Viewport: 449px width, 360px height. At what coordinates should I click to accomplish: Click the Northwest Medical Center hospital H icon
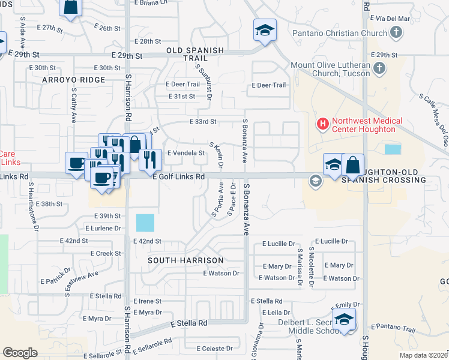click(323, 124)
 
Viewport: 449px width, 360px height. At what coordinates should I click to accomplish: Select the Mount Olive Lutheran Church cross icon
click(379, 70)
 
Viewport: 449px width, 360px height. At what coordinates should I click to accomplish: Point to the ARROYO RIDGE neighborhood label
click(74, 80)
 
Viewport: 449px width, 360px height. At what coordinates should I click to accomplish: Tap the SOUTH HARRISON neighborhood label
click(185, 260)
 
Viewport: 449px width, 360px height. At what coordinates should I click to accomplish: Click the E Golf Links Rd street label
click(179, 177)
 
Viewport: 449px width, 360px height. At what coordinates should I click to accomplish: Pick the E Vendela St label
click(186, 153)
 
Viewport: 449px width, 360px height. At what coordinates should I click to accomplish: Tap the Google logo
click(20, 353)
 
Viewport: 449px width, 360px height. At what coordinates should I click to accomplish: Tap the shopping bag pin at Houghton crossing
click(353, 164)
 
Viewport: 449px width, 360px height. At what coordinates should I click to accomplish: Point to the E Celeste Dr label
click(214, 349)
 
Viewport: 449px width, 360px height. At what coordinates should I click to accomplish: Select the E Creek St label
click(106, 254)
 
